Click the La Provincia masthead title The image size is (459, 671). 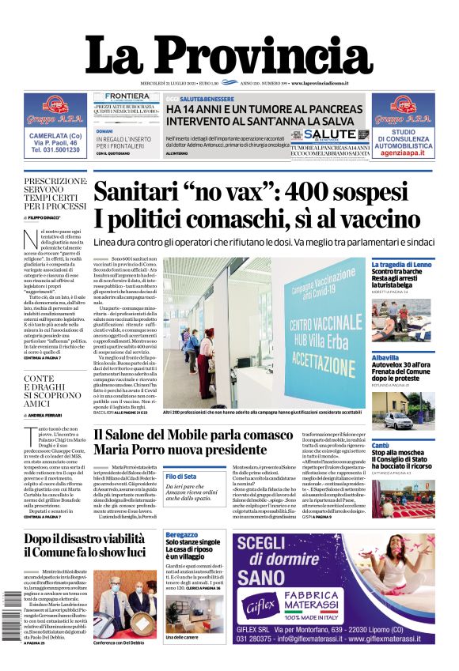point(229,53)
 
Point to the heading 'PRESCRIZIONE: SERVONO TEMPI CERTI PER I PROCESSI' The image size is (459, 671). point(55,194)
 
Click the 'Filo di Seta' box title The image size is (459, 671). point(181,477)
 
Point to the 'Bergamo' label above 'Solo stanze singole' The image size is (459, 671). point(182,535)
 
